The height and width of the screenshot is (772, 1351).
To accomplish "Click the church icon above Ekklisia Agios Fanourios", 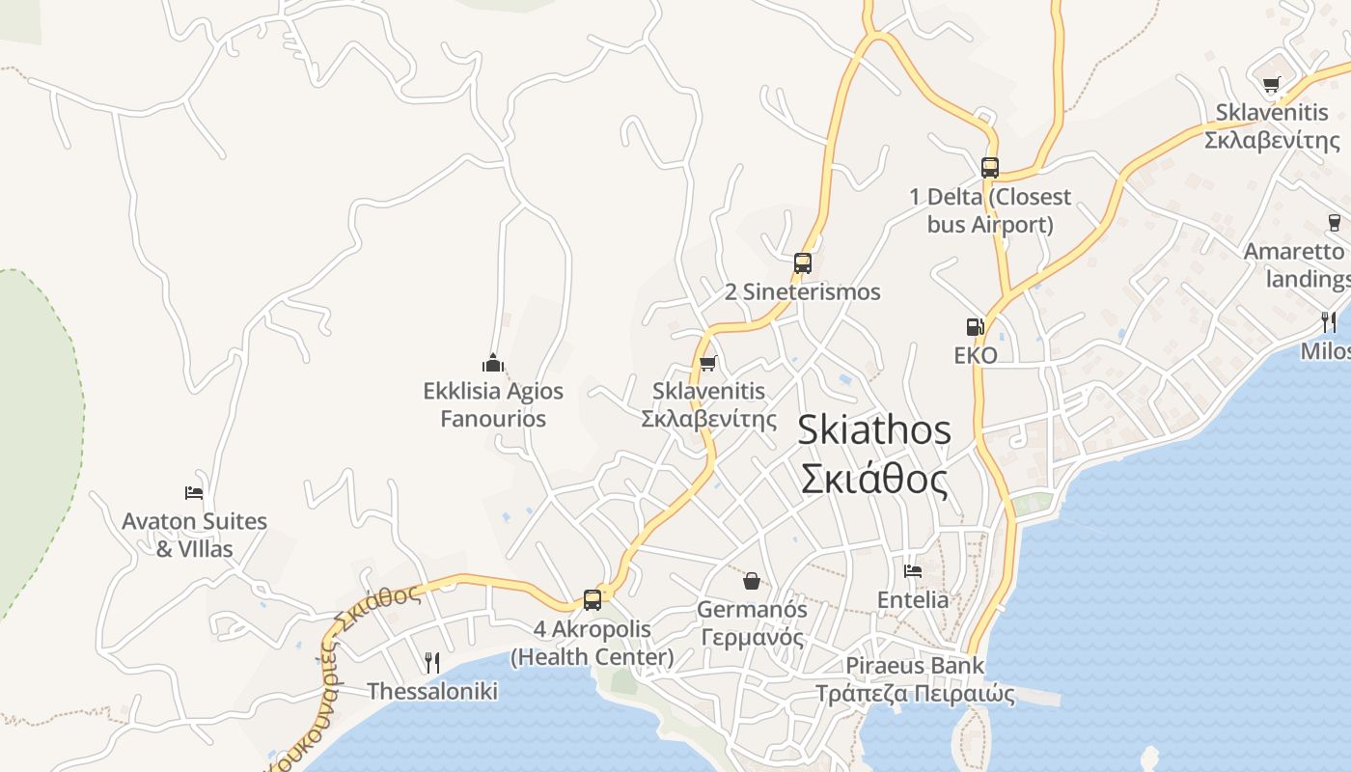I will (493, 364).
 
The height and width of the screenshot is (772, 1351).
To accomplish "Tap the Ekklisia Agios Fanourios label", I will (493, 405).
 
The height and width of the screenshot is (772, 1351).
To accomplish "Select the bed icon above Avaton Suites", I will (194, 493).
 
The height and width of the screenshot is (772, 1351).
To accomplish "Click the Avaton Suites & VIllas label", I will (194, 536).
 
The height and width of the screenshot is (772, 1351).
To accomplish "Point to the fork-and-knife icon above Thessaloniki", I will (432, 662).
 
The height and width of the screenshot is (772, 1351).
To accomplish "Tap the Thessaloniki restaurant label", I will (432, 691).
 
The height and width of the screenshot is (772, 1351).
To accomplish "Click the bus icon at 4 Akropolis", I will (593, 599).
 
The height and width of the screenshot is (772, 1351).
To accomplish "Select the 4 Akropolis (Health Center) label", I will (592, 644).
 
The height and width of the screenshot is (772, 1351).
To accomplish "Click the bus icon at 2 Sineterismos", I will (802, 262).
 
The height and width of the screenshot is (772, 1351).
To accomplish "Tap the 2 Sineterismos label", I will (802, 291).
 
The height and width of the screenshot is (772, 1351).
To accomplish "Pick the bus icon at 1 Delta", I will (989, 167).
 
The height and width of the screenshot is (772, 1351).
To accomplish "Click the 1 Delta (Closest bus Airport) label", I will (989, 210).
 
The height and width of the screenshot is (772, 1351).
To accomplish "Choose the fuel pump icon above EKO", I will (975, 327).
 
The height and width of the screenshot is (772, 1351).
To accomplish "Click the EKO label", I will (975, 355).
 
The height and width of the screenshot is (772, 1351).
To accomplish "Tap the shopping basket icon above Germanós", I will (752, 580).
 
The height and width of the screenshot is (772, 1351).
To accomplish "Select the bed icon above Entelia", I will (912, 570).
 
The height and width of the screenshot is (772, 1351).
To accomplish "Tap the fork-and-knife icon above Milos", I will (1330, 321).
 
